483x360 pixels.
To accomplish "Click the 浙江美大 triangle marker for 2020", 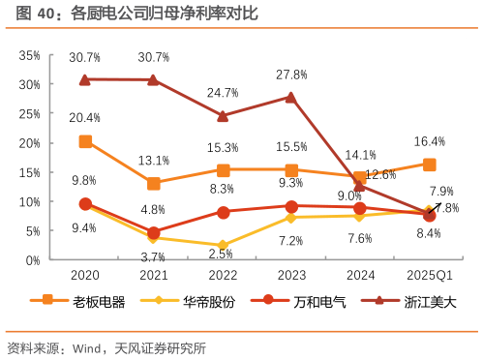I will click(85, 79).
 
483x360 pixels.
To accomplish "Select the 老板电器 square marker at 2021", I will click(154, 183).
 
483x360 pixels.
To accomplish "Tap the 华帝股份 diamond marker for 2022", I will click(223, 246).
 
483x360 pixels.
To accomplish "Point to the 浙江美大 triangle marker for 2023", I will click(291, 97).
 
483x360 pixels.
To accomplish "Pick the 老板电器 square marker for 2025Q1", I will click(429, 164).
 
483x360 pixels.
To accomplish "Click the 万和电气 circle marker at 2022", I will click(223, 212).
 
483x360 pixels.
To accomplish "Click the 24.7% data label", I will click(223, 93).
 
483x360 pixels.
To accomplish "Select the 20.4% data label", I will click(85, 118).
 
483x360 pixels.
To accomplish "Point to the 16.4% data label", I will click(430, 141).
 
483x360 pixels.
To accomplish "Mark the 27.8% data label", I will click(291, 74).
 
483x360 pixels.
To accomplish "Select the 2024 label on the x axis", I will click(360, 275).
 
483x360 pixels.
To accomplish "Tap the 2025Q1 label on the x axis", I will click(429, 275).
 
